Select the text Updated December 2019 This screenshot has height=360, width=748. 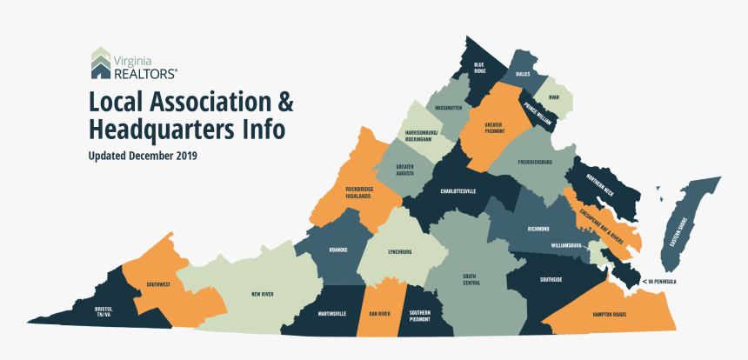point(143,157)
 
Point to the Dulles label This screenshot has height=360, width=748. point(523,75)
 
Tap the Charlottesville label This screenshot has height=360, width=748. point(457,190)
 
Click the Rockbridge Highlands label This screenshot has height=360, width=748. point(358,192)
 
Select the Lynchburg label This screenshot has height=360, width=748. point(400,252)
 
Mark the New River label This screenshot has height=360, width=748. point(263,295)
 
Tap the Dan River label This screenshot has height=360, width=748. point(379,313)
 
